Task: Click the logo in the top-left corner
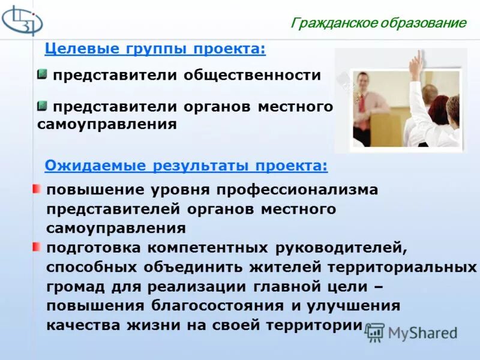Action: [x=22, y=21]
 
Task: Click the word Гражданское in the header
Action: [x=332, y=23]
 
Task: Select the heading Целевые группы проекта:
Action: [x=155, y=49]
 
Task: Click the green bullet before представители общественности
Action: [x=42, y=74]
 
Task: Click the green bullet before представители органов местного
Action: [x=42, y=106]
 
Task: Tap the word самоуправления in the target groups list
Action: [x=107, y=125]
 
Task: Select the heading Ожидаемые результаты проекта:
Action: [x=187, y=165]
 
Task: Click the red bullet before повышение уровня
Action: [x=37, y=189]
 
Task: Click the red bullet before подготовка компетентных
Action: [x=37, y=247]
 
